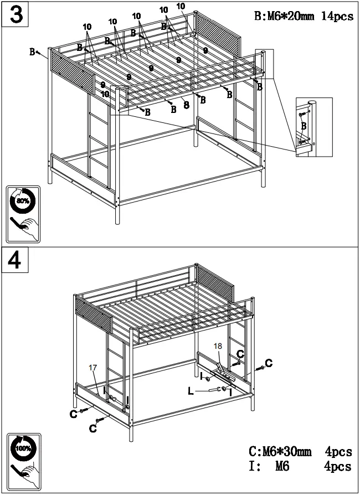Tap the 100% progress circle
tap(23, 448)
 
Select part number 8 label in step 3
tap(186, 104)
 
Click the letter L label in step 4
tap(191, 391)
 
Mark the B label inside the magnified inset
tap(303, 126)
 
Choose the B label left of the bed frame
tap(33, 51)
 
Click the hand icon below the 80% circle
tap(24, 226)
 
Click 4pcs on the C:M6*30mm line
tap(338, 453)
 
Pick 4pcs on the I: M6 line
tap(338, 467)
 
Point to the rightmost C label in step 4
tap(269, 363)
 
